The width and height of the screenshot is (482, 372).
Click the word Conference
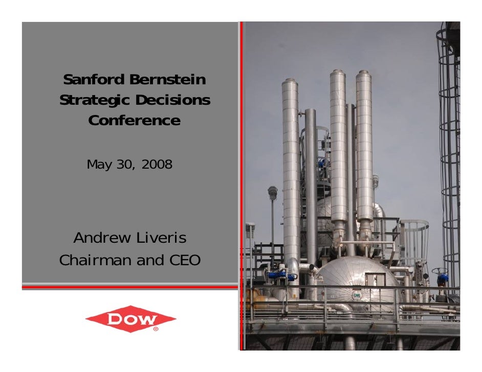click(x=134, y=121)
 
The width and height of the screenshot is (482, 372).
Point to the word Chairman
click(x=95, y=260)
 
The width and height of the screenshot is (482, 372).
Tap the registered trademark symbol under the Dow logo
click(x=156, y=329)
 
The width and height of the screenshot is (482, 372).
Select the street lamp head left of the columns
click(x=272, y=193)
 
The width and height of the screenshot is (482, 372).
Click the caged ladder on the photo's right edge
click(x=449, y=153)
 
